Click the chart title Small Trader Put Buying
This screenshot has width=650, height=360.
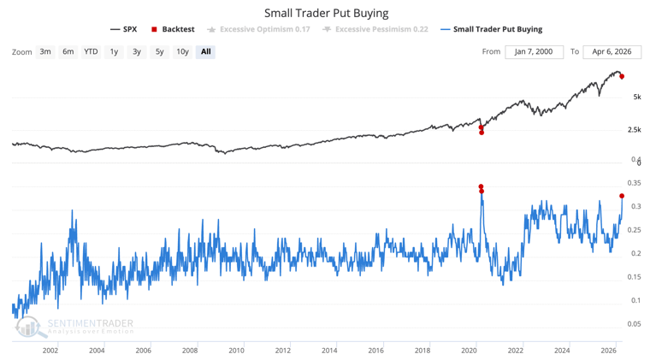click(326, 13)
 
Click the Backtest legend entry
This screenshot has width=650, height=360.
click(173, 29)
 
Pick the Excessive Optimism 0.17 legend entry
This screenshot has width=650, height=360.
click(259, 29)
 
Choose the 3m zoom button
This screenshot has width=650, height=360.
click(45, 51)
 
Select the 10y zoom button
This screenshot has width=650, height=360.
click(182, 51)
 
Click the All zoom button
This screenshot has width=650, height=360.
click(205, 51)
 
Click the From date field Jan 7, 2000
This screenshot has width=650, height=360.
click(534, 51)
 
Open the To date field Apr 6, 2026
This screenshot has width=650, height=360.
click(612, 51)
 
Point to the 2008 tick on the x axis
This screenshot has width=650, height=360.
click(190, 350)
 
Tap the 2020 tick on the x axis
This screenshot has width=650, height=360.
click(469, 350)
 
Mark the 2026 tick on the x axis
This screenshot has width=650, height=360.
click(608, 350)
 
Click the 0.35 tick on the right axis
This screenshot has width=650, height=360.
click(635, 183)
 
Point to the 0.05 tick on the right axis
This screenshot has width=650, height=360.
click(635, 323)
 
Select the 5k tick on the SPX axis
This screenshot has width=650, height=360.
click(637, 97)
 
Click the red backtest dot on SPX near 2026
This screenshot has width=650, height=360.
click(622, 76)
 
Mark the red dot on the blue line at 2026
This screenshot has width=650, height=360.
click(622, 196)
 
